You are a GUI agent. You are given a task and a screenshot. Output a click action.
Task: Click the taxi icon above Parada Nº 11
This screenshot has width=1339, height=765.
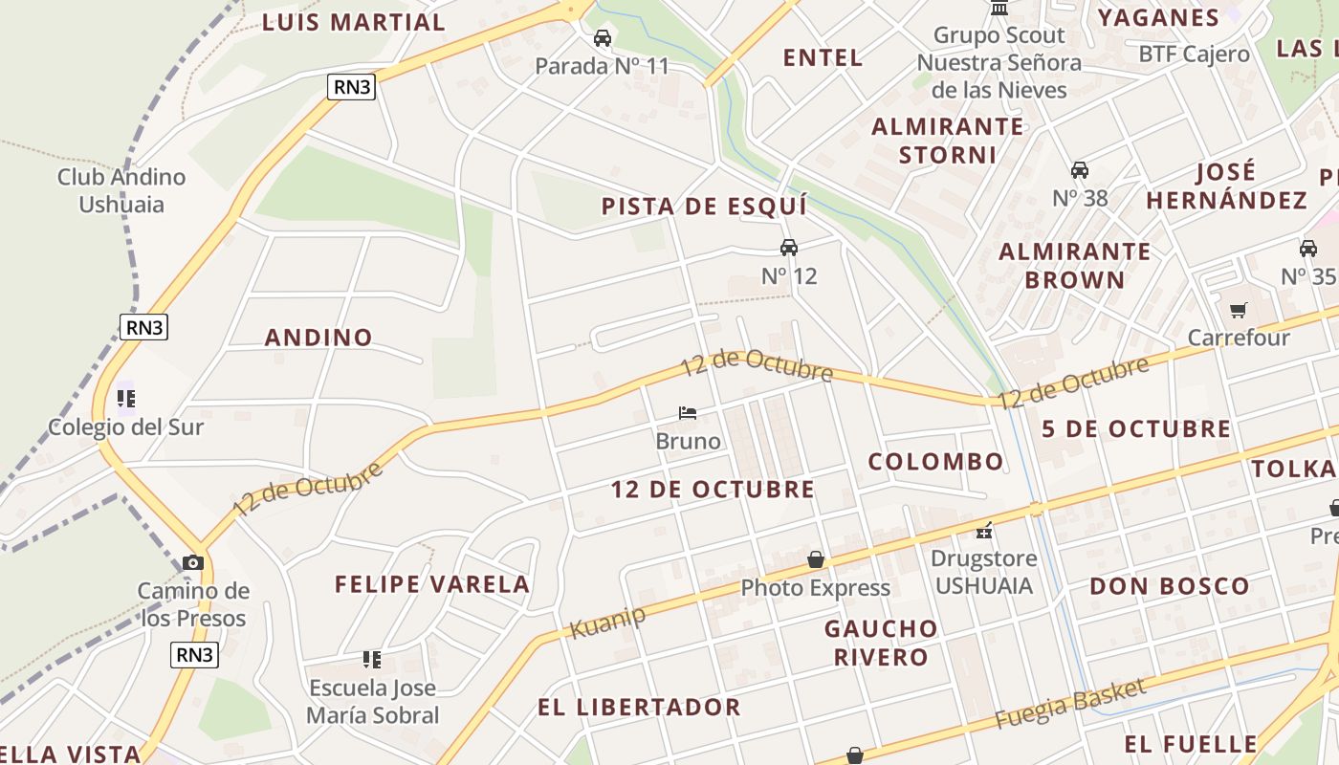pyautogui.click(x=603, y=38)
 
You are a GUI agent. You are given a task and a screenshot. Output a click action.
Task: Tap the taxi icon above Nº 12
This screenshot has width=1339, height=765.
pyautogui.click(x=789, y=248)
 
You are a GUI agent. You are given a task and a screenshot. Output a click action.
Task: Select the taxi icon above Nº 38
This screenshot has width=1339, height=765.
pyautogui.click(x=1080, y=170)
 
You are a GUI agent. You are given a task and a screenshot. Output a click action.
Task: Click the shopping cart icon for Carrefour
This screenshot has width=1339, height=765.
pyautogui.click(x=1239, y=310)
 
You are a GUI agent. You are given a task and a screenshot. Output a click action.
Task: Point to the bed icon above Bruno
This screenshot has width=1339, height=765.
pyautogui.click(x=688, y=413)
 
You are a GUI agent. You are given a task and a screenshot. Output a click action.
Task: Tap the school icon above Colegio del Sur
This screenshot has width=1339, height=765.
pyautogui.click(x=126, y=398)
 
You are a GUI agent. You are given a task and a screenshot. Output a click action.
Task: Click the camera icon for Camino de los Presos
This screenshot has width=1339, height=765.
pyautogui.click(x=193, y=562)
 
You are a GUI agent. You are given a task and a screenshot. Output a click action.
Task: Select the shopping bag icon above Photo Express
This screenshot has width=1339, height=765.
pyautogui.click(x=816, y=559)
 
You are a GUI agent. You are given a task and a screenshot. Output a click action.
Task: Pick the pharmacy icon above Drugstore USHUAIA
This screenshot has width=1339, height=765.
pyautogui.click(x=984, y=531)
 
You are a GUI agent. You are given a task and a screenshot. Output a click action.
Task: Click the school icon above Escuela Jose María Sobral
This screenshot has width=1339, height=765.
pyautogui.click(x=372, y=659)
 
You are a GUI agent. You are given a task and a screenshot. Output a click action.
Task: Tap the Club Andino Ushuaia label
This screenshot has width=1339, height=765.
pyautogui.click(x=121, y=190)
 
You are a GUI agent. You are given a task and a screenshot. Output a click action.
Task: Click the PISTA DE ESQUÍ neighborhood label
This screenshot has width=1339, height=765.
pyautogui.click(x=704, y=207)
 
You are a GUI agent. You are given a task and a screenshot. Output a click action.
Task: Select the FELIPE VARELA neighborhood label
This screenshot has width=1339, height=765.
pyautogui.click(x=431, y=584)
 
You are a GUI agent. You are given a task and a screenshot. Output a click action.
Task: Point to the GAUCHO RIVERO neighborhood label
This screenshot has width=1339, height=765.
pyautogui.click(x=881, y=643)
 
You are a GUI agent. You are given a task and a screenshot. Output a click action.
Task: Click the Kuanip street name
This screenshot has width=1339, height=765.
pyautogui.click(x=607, y=622)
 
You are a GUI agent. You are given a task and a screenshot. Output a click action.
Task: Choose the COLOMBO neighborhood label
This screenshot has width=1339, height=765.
pyautogui.click(x=935, y=462)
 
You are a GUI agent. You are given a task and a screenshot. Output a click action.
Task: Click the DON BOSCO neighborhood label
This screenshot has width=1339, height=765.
pyautogui.click(x=1170, y=586)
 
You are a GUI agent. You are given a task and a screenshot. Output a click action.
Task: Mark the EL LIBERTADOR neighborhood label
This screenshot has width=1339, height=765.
pyautogui.click(x=639, y=708)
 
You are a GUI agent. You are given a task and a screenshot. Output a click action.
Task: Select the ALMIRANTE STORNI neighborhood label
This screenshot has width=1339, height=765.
pyautogui.click(x=948, y=141)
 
